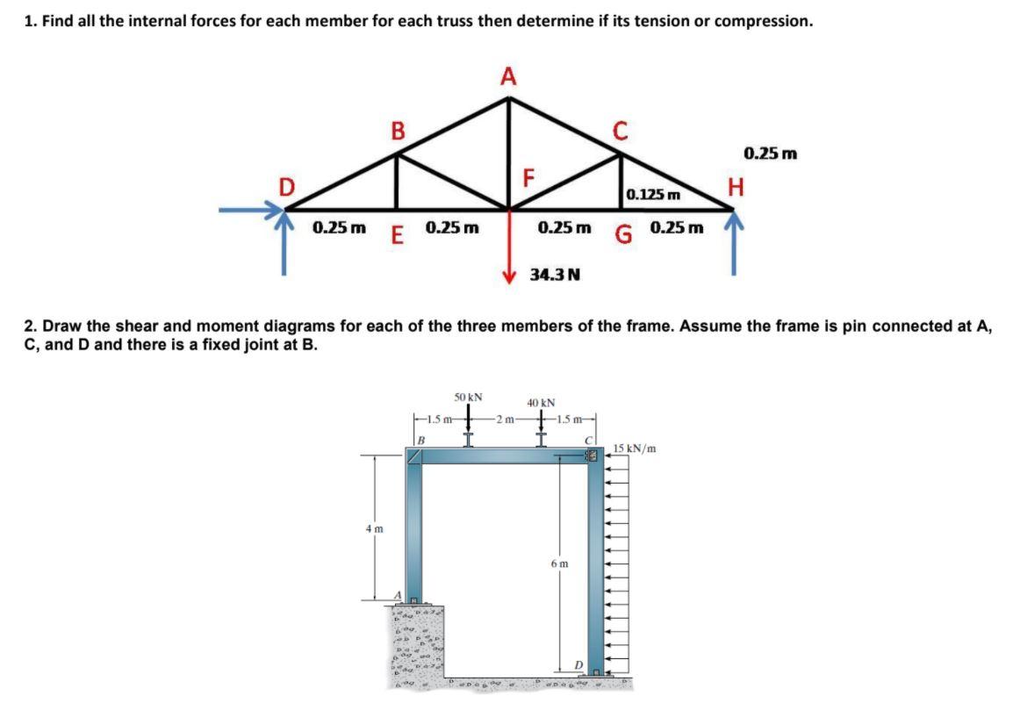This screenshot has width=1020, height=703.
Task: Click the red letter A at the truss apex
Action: pos(508,76)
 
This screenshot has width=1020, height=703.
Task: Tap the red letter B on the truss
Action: pos(398,131)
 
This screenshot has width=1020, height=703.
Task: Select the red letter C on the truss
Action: pos(620,131)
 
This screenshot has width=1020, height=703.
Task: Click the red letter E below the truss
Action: pos(397,234)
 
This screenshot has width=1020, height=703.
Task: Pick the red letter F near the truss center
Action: pos(528,177)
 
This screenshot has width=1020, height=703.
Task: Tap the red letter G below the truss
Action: pos(622,233)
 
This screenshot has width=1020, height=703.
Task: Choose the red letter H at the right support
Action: pos(735,187)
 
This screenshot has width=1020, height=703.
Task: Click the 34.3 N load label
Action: pos(555,275)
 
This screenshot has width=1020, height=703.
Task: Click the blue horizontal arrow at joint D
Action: pos(250,210)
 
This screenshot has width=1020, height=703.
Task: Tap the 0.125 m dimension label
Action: pos(652,195)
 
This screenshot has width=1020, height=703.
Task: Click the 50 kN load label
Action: pos(468,397)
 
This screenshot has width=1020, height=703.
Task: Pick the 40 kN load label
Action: pos(541,403)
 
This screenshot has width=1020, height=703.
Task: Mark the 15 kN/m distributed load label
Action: pos(635,448)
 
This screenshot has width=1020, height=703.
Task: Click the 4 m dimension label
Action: pos(374,528)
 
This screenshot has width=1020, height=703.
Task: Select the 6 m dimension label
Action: pos(559,563)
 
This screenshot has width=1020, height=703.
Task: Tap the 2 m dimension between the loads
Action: pos(506,419)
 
